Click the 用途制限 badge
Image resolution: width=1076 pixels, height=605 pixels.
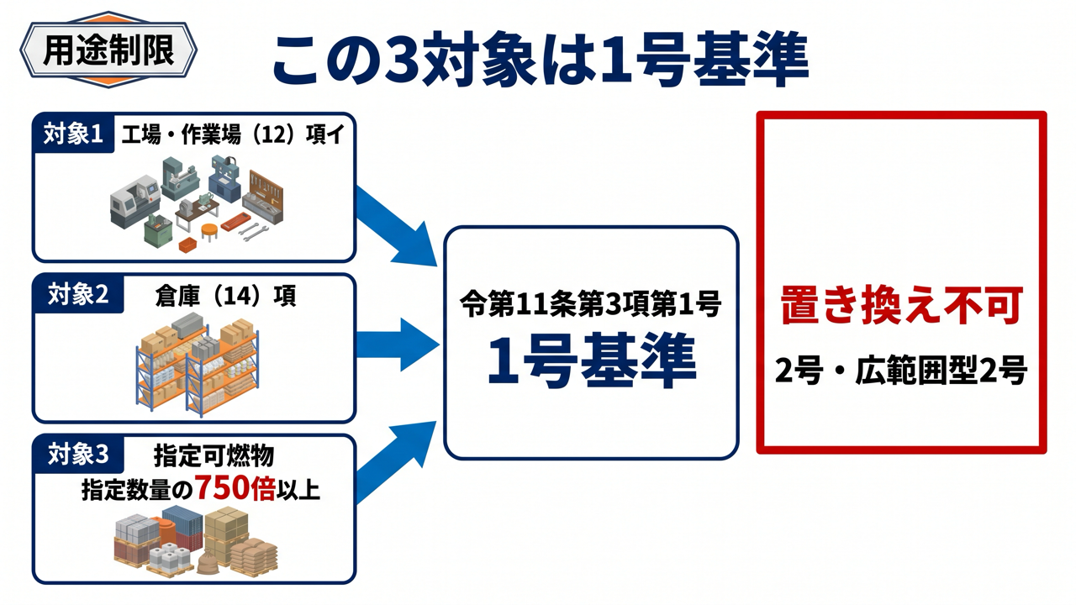[108, 50]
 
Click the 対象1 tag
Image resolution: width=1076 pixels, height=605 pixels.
[73, 134]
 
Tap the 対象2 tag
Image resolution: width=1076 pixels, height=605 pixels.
[78, 294]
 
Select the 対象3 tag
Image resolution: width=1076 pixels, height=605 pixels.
[78, 455]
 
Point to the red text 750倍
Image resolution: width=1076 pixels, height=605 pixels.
[235, 488]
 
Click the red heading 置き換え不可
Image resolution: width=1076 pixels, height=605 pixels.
[902, 306]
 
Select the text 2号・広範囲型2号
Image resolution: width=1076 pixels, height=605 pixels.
[901, 371]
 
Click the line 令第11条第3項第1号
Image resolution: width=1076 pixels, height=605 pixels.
[590, 303]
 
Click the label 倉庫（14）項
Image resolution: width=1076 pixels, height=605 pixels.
[226, 296]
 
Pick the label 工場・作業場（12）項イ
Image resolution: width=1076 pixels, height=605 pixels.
[233, 134]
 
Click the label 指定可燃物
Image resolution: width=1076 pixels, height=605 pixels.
[214, 455]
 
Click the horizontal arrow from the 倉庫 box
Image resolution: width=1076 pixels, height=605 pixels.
[398, 345]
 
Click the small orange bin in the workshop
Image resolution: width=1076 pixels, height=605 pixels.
[188, 245]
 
